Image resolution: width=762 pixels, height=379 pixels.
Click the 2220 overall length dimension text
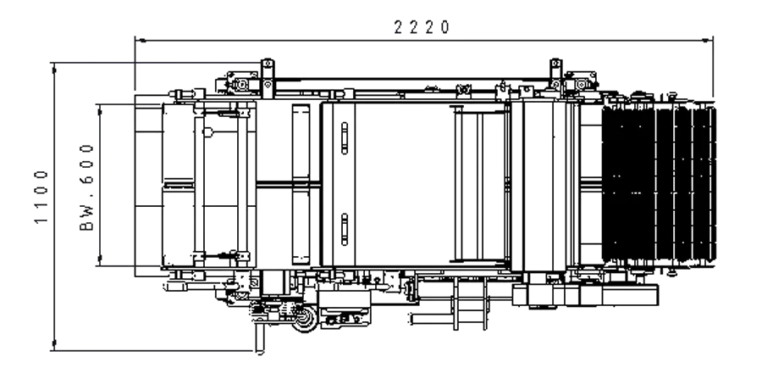[422, 27]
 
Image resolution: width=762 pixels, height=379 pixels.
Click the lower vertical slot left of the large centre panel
[345, 229]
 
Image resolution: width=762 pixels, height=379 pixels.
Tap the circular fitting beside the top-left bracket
[244, 85]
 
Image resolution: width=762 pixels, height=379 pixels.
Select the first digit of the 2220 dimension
[399, 27]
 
